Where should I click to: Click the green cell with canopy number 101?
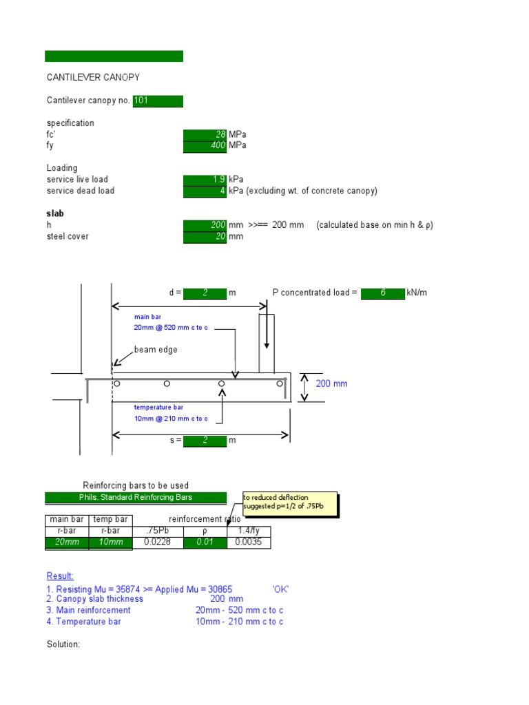tap(158, 101)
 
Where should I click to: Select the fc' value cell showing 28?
tap(205, 134)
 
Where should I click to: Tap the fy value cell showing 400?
tap(205, 145)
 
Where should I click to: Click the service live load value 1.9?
tap(205, 180)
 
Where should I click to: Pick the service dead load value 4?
tap(205, 191)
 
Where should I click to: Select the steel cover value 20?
tap(205, 236)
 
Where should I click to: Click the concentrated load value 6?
tap(382, 293)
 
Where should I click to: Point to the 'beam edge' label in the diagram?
tap(155, 350)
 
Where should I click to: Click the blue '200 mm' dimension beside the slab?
tap(331, 383)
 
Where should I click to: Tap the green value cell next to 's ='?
tap(205, 440)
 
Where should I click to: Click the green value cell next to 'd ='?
tap(205, 293)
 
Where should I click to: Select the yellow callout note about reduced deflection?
tap(289, 503)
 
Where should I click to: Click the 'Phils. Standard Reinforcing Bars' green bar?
tap(136, 497)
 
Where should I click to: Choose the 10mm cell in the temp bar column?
tap(112, 543)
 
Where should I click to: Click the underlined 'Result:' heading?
tap(60, 576)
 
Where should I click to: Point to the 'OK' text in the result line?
tap(280, 589)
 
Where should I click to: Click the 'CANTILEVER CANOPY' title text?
tap(93, 78)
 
